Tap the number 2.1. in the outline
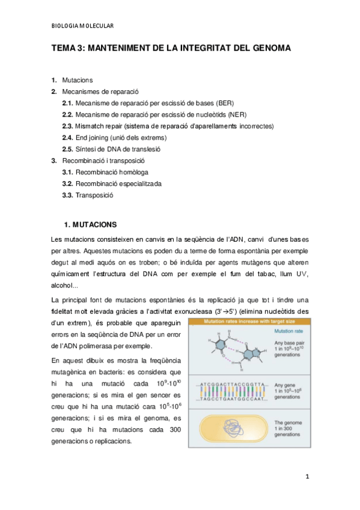tap(67, 103)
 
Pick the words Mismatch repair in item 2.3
tap(99, 126)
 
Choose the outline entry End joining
tap(93, 137)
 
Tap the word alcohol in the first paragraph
tap(64, 286)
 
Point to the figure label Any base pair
tap(291, 342)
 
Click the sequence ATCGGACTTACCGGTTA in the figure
tap(231, 384)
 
